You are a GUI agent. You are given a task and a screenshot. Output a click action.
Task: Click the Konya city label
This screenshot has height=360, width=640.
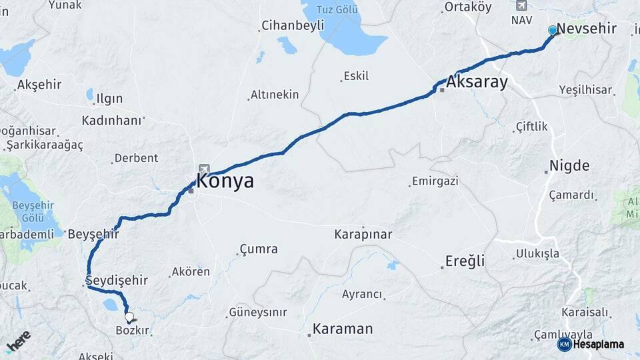point(225,181)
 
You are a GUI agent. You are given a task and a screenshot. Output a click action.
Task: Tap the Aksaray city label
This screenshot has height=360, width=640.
point(477,82)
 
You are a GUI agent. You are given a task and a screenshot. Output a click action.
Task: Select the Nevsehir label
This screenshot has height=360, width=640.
point(586,29)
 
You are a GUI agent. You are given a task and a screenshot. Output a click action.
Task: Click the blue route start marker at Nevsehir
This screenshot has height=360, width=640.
point(552,30)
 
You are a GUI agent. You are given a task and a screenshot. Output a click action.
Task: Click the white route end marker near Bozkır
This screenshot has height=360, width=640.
point(129,317)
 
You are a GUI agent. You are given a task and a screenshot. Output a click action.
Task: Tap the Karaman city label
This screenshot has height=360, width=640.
point(343,329)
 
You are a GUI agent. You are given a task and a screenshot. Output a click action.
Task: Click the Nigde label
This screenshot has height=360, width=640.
point(569,165)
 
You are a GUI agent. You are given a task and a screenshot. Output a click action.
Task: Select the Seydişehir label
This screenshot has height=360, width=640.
point(117,279)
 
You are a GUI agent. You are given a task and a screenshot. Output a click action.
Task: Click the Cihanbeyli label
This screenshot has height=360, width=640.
point(293,25)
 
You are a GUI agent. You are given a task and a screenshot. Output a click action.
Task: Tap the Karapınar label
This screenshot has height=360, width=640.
point(363,234)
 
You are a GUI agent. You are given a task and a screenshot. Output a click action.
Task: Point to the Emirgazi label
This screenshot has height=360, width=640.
point(435,181)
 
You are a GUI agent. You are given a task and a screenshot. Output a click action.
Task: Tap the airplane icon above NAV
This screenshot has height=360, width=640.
point(521,5)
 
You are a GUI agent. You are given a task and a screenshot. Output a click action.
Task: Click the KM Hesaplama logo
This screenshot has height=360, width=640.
point(591,344)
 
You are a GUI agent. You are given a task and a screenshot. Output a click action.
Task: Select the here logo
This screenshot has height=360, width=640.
point(19,343)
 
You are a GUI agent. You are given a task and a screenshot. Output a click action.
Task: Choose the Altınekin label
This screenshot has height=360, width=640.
point(275,95)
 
